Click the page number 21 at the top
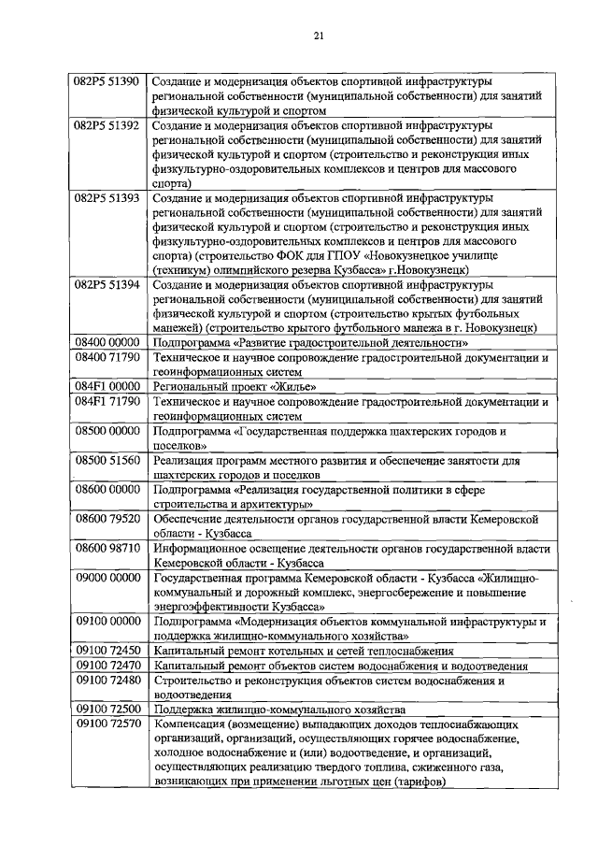tap(318, 36)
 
